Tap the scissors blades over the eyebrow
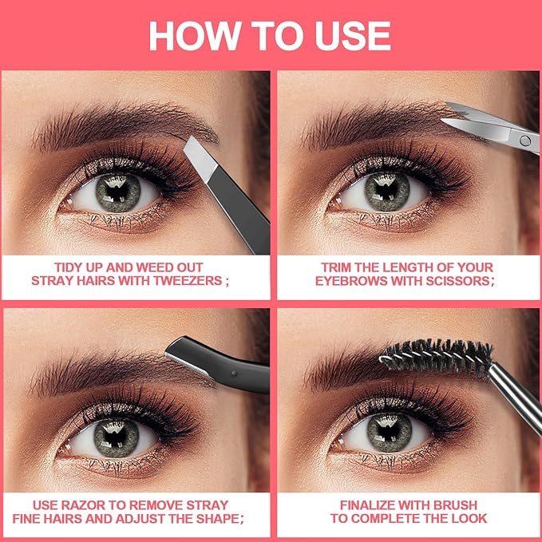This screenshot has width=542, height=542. point(471,121)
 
